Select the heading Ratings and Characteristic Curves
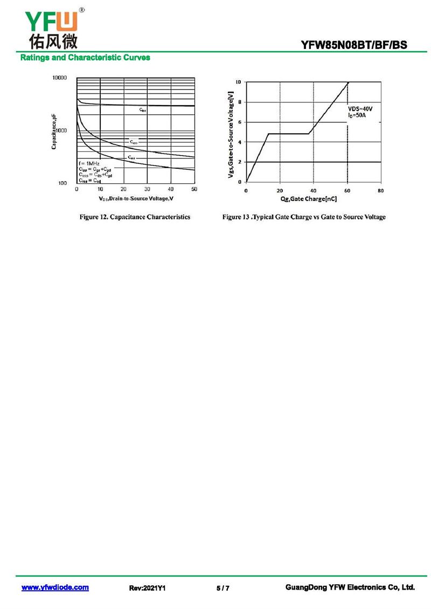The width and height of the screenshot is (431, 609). pos(85,58)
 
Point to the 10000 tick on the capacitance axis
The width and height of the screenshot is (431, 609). pos(59,78)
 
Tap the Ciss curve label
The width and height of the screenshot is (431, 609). pos(143,110)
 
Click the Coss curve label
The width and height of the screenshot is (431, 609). pos(134,143)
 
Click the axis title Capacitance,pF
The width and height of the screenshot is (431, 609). pos(55,132)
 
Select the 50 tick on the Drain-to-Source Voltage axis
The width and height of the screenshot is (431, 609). pos(194,189)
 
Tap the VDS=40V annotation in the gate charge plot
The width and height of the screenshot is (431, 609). pos(360,109)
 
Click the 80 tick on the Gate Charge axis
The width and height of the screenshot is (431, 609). pos(380,191)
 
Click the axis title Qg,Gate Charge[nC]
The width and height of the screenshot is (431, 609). pos(309,199)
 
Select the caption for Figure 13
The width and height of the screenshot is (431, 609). pos(304,217)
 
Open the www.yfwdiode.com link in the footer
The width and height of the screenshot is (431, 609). pos(55,587)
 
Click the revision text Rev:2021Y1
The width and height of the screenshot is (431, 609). pos(147,588)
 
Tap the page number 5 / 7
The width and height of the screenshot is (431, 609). pos(223,588)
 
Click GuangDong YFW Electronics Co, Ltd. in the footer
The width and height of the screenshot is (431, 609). pos(350,587)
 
